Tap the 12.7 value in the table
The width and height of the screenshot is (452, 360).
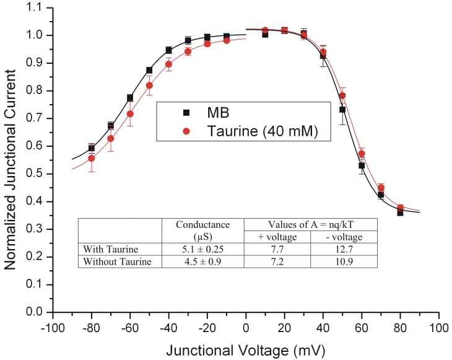(x=344, y=249)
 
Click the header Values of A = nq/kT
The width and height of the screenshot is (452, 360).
(x=311, y=225)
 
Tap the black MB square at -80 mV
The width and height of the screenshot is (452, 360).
(x=92, y=148)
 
